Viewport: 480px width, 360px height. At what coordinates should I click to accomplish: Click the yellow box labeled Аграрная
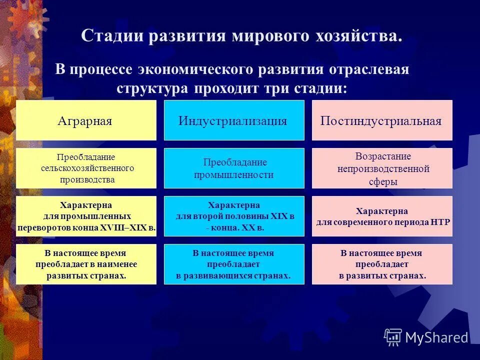pos(86,120)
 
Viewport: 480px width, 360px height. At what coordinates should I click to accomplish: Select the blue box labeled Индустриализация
pos(234,120)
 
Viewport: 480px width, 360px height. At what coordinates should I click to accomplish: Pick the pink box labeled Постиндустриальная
pos(382,120)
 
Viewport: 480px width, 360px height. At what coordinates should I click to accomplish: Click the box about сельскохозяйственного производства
pos(86,168)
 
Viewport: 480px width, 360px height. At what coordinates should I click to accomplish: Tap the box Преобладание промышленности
pos(234,168)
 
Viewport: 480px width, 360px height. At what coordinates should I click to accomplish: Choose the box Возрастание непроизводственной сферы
pos(382,168)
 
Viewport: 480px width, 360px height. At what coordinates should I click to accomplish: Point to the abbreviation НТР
pos(440,221)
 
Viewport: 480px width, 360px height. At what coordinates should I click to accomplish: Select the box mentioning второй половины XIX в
pos(234,216)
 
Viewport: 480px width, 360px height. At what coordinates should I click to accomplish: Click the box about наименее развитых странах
pos(86,264)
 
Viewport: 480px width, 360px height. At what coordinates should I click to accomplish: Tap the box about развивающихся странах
pos(234,264)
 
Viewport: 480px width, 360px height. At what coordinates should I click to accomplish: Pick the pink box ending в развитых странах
pos(382,264)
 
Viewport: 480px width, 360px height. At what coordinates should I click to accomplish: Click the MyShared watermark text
pos(436,337)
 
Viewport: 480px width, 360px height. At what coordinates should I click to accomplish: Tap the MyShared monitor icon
pos(393,337)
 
